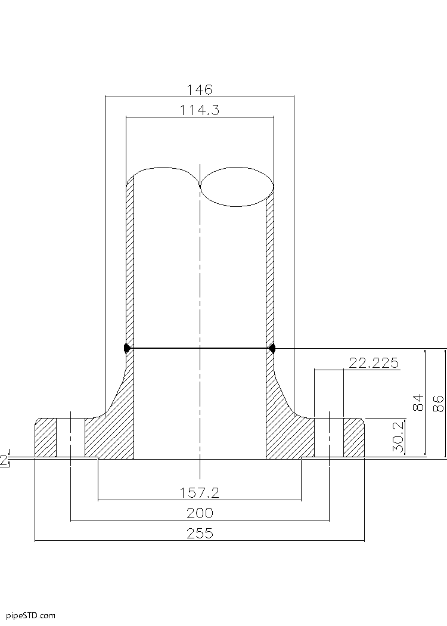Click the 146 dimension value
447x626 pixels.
coord(199,90)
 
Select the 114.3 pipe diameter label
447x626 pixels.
coord(200,110)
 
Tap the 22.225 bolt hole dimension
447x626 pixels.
coord(374,364)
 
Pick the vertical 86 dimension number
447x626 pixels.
coord(438,403)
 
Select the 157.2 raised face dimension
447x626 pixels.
coord(200,492)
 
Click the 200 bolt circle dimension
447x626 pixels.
coord(200,513)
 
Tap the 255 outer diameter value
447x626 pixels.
coord(200,534)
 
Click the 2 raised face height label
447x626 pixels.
coord(4,460)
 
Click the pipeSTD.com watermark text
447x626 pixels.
coord(30,615)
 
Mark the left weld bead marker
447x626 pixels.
coord(126,348)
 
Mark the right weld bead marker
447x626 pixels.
coord(272,348)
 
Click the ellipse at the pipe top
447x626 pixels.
coord(237,186)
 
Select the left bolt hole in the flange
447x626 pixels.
coord(70,438)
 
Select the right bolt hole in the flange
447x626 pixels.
coord(329,438)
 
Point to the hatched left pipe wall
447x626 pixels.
coord(129,268)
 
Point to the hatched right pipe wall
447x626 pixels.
coord(269,268)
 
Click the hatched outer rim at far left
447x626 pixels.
coord(45,438)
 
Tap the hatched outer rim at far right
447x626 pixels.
coord(353,438)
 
